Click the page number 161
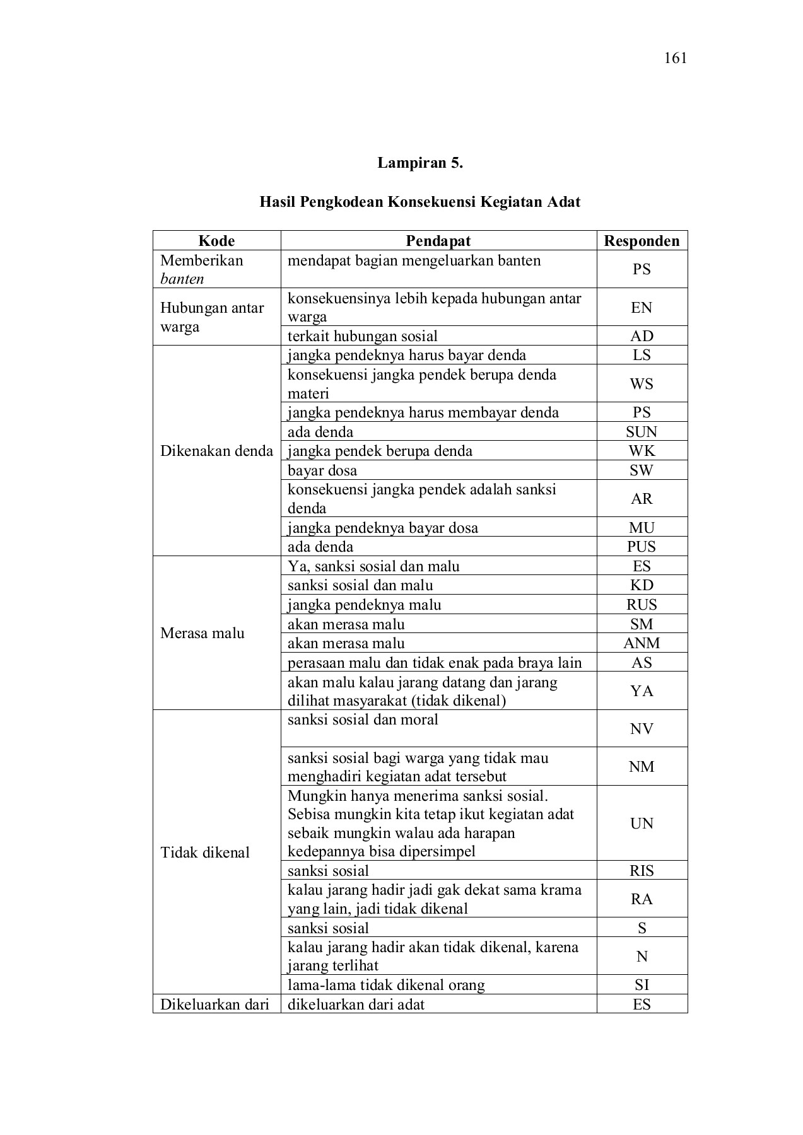[675, 59]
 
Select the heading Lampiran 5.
[420, 163]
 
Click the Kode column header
[216, 241]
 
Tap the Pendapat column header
[438, 241]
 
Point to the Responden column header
[642, 241]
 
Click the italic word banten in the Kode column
[182, 279]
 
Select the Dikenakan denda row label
[216, 451]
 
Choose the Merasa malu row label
[202, 633]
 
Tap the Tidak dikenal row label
[205, 853]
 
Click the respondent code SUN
[642, 432]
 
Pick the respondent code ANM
[642, 643]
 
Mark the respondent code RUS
[642, 605]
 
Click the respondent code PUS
[642, 547]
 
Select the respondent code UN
[642, 824]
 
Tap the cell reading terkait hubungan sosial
[363, 336]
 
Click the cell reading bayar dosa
[322, 470]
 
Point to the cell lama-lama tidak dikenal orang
[386, 985]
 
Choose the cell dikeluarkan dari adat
[356, 1004]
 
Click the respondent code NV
[642, 729]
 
